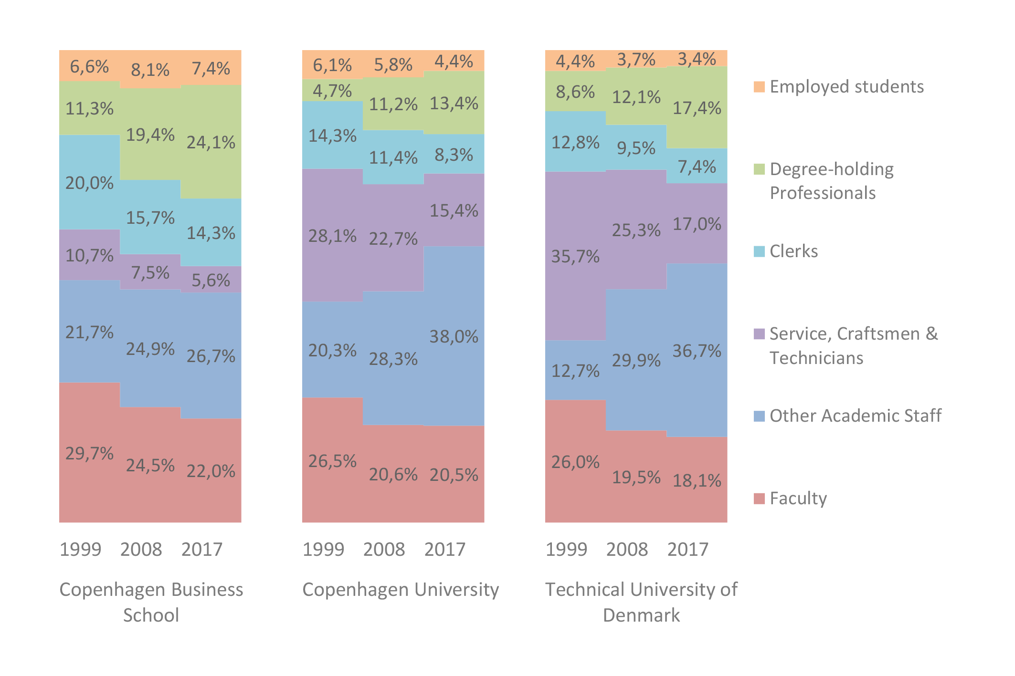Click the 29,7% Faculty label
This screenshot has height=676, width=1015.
click(89, 453)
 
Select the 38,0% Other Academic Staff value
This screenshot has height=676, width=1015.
click(454, 337)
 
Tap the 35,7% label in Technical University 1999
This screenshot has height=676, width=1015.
click(575, 257)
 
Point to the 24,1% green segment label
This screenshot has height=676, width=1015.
click(211, 143)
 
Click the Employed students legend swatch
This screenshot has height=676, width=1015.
click(759, 87)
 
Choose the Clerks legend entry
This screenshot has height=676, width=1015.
click(793, 251)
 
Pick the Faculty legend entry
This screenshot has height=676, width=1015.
click(798, 499)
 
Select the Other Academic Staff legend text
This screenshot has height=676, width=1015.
click(855, 416)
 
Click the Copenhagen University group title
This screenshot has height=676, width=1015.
click(401, 590)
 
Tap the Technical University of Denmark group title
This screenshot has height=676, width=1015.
click(641, 602)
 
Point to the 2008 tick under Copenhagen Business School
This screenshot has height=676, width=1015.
click(141, 550)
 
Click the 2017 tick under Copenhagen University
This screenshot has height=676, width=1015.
click(444, 550)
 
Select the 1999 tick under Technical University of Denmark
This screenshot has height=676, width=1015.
click(566, 550)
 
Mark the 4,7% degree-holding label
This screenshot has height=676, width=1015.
click(332, 91)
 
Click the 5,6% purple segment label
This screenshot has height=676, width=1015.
click(211, 281)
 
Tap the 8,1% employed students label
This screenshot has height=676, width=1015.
click(150, 70)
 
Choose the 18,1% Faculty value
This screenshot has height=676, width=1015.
click(697, 481)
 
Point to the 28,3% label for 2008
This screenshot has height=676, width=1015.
click(393, 359)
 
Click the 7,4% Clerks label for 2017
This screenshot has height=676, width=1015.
click(697, 167)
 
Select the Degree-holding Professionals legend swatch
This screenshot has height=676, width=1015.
click(759, 169)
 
